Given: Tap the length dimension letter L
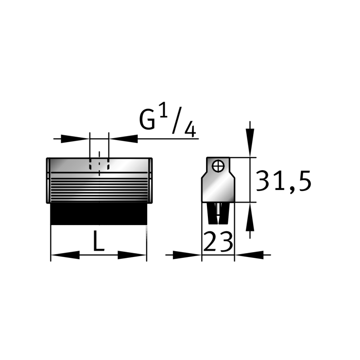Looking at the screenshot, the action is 99,240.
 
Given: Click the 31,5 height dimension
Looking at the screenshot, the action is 283,181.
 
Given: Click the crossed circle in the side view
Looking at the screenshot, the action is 218,166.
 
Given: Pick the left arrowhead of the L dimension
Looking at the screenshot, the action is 65,255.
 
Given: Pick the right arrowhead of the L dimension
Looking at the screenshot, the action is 132,255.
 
